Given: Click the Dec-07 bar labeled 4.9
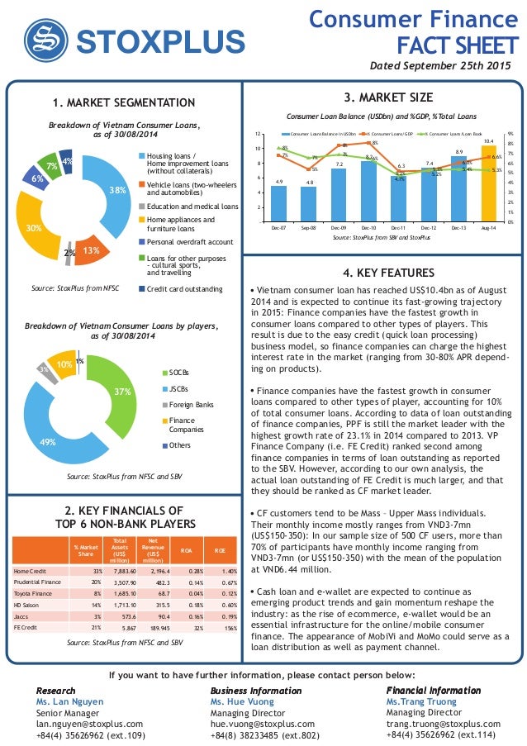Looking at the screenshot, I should pos(279,203).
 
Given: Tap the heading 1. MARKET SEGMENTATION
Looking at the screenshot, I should pos(123,102).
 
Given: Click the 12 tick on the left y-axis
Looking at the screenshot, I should pos(259,134).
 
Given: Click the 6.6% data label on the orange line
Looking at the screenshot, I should pos(497,156).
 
